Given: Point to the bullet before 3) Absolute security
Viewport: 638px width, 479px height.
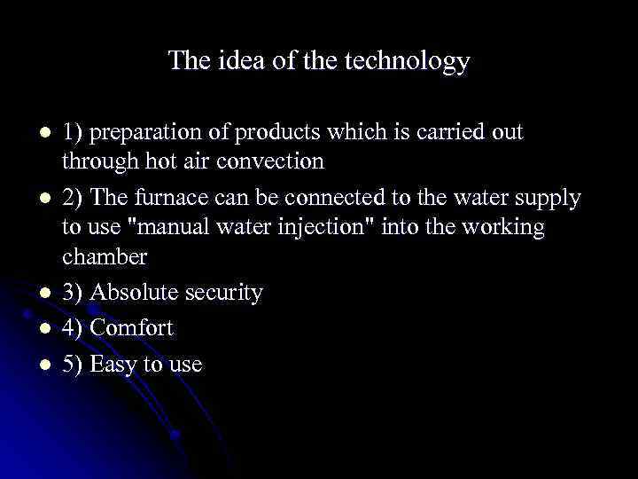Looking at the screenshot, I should (33, 293).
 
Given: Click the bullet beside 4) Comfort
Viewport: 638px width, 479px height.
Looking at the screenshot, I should (33, 328).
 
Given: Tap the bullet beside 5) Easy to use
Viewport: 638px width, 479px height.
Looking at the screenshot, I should (33, 364).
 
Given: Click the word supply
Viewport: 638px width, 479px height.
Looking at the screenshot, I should (547, 197).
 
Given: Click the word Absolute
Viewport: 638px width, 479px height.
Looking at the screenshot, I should (140, 293).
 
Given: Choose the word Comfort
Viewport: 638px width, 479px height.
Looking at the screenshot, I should (132, 328).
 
